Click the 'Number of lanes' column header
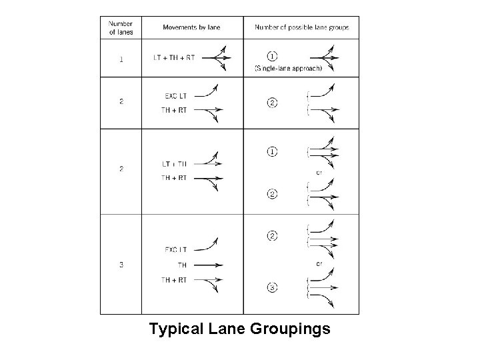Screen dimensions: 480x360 pyautogui.click(x=121, y=27)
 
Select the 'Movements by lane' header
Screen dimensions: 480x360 pyautogui.click(x=191, y=28)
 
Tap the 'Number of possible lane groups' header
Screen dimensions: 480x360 pyautogui.click(x=302, y=28)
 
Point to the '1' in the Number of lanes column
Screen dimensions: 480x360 pyautogui.click(x=121, y=59)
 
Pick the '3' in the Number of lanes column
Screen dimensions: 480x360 pyautogui.click(x=121, y=265)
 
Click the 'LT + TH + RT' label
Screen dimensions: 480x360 pyautogui.click(x=174, y=58)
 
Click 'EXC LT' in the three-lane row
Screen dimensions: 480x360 pyautogui.click(x=176, y=250)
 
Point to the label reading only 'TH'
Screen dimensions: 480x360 pyautogui.click(x=182, y=265)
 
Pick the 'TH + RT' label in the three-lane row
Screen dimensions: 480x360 pyautogui.click(x=175, y=280)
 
